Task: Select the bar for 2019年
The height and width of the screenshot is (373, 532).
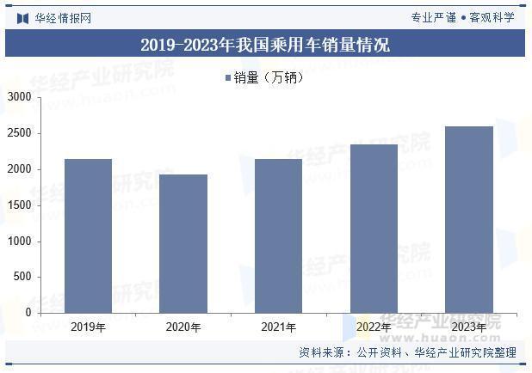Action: pos(88,235)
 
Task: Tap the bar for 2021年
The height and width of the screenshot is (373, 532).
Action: pos(278,235)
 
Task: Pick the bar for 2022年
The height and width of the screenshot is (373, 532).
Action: pos(374,228)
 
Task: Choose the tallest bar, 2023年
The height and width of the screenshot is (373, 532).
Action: pos(468,219)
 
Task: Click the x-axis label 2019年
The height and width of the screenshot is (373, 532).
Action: pos(88,327)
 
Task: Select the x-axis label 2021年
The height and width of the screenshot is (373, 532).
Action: pos(278,327)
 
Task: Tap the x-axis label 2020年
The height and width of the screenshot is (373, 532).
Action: pos(183,327)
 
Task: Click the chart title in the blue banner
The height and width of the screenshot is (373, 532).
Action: pos(265,44)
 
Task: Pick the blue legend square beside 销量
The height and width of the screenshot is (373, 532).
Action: pos(228,78)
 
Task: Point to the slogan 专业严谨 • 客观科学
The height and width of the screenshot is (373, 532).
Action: pos(462,17)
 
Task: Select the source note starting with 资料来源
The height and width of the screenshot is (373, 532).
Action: pos(407,352)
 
